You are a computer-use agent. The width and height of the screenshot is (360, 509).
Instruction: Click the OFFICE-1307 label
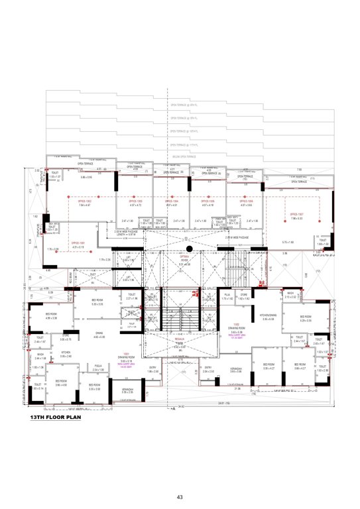tap(296, 214)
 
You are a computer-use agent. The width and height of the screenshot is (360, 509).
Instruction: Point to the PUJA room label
tap(227, 295)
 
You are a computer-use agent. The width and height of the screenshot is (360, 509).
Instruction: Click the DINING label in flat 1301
tap(99, 334)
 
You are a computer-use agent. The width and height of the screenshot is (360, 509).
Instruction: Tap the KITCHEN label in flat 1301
tap(66, 353)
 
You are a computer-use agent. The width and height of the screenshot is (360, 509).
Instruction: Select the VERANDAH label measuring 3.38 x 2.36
tap(127, 390)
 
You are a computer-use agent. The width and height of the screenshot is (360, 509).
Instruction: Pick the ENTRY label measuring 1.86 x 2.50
tap(153, 369)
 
